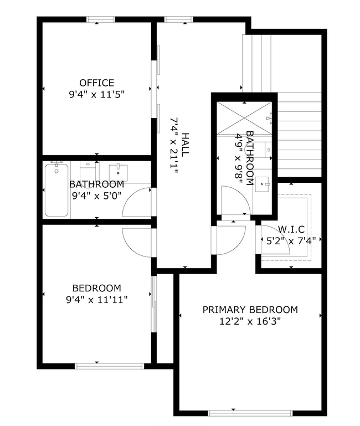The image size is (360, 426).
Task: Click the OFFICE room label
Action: point(97,83)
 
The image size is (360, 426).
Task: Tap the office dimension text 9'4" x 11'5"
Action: point(97,95)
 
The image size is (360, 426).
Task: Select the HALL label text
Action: point(185,145)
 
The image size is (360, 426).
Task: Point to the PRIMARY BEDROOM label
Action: point(250,310)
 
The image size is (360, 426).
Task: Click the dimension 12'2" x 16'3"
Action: point(250,322)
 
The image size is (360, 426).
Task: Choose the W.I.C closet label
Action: point(291,229)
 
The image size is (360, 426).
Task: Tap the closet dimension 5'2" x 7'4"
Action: point(291,241)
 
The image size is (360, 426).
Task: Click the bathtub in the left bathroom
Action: point(56,190)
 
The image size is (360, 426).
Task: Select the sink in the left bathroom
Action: point(118,173)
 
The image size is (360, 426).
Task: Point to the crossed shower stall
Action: point(245,118)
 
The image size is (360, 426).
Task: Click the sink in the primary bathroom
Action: point(262,184)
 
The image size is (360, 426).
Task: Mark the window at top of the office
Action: point(101,19)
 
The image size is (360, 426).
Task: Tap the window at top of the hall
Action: point(178,19)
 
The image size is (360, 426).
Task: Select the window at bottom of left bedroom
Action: point(109,366)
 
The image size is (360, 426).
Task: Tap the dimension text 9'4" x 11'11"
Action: point(97,300)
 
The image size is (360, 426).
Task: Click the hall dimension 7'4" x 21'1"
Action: point(174,146)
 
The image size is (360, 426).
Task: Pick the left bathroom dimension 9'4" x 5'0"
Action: point(97,196)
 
